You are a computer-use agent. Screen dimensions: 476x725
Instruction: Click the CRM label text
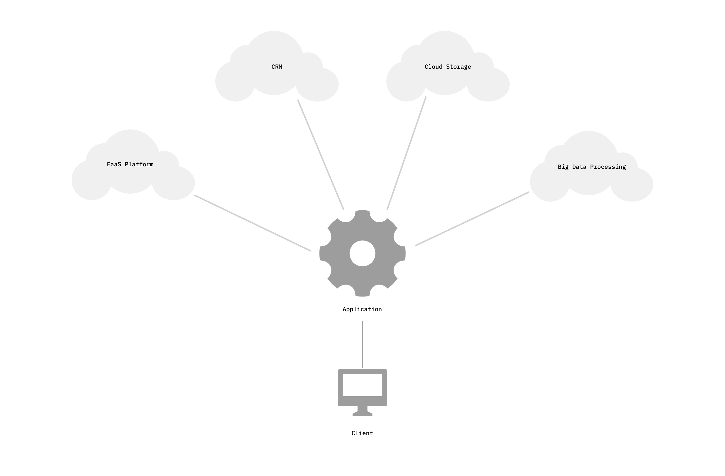[276, 67]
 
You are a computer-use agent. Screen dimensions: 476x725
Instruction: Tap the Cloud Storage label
[448, 67]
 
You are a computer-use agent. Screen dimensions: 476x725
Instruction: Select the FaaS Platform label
[130, 164]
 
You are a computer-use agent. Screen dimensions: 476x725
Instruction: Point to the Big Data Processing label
[591, 167]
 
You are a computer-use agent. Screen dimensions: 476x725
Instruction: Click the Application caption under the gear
[362, 309]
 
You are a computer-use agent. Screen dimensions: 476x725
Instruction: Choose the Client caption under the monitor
[362, 433]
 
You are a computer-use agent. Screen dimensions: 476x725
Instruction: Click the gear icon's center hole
[362, 253]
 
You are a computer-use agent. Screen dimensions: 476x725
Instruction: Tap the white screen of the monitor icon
[362, 385]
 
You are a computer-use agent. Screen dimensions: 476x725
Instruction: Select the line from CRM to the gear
[321, 155]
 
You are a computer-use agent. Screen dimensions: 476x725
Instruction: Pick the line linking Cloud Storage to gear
[406, 153]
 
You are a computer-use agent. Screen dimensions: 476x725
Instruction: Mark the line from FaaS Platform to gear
[253, 223]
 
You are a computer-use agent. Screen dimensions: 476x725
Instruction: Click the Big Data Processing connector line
[472, 219]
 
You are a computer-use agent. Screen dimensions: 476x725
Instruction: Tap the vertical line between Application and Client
[362, 345]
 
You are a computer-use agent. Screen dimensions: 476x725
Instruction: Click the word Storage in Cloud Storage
[458, 67]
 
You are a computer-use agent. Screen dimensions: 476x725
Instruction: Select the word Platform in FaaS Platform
[139, 164]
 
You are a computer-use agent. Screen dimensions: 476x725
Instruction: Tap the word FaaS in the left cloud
[114, 164]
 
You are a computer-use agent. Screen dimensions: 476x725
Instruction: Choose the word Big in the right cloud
[563, 167]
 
